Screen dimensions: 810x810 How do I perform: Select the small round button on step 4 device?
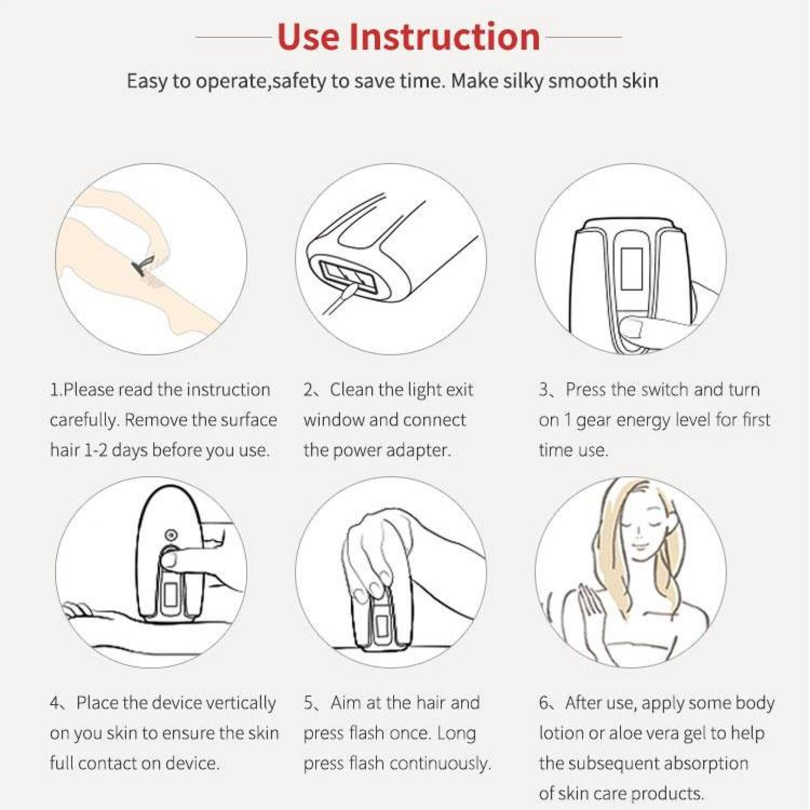pyautogui.click(x=170, y=535)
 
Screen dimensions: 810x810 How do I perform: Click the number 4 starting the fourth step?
pyautogui.click(x=55, y=703)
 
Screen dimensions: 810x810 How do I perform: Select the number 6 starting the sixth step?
pyautogui.click(x=544, y=703)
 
